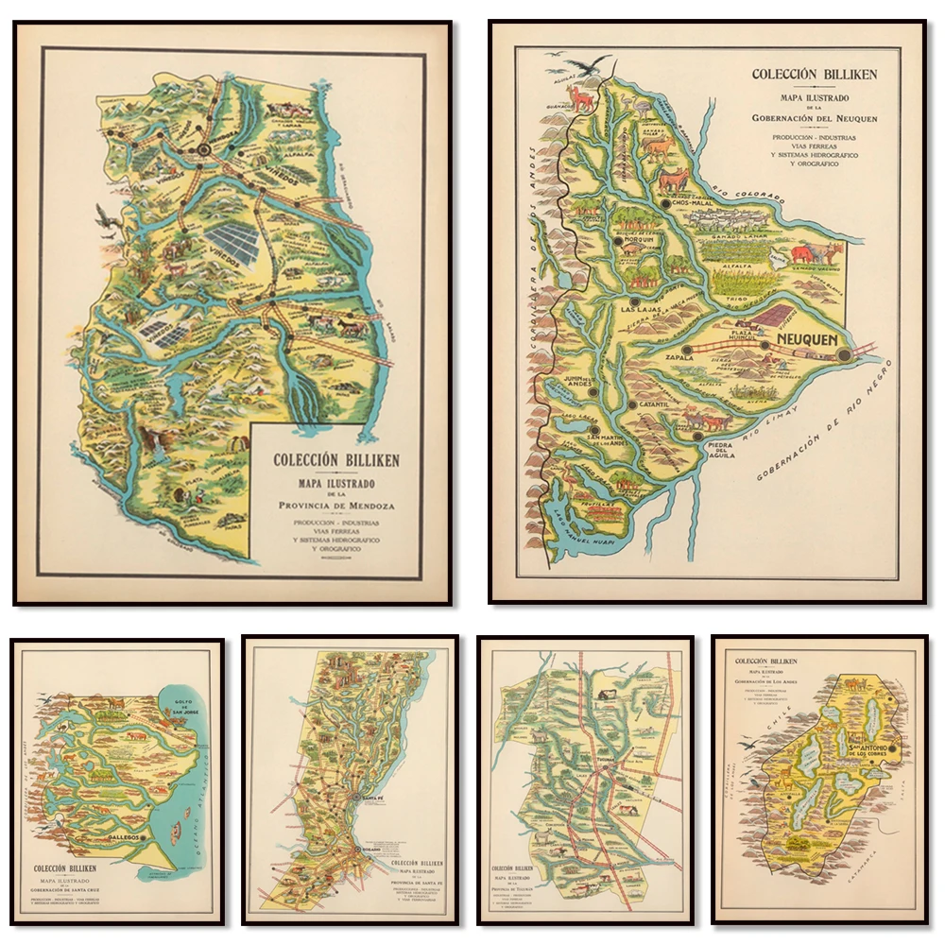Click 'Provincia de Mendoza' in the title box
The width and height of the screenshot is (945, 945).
(x=335, y=506)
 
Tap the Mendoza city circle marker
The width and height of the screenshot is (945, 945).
(x=204, y=148)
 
